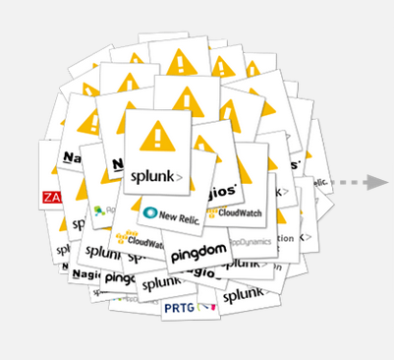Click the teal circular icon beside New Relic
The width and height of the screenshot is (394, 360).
click(x=150, y=212)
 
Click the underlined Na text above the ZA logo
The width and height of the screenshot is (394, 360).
click(x=70, y=156)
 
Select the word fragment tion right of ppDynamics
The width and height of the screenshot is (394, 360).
click(x=285, y=239)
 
